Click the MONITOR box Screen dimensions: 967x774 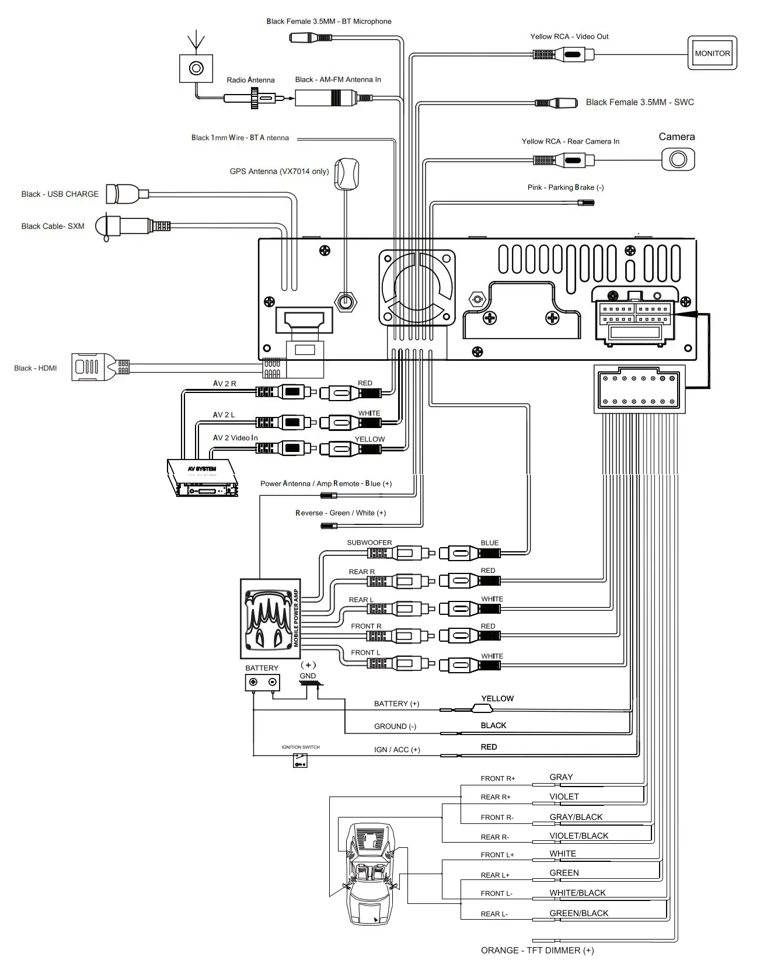pyautogui.click(x=712, y=53)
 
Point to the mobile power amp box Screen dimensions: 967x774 pyautogui.click(x=271, y=618)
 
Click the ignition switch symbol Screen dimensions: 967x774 pyautogui.click(x=300, y=760)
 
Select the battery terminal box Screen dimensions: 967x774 pyautogui.click(x=262, y=682)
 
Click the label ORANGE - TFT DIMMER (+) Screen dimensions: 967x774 pyautogui.click(x=537, y=950)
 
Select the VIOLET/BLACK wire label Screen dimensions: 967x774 pyautogui.click(x=578, y=836)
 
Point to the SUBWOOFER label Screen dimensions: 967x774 pyautogui.click(x=369, y=542)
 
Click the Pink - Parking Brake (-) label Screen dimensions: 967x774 pyautogui.click(x=565, y=187)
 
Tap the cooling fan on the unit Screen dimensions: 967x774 pyautogui.click(x=417, y=287)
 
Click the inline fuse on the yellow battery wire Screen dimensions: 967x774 pyautogui.click(x=482, y=709)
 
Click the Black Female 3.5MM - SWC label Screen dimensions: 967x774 pyautogui.click(x=640, y=102)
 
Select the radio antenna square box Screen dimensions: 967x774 pyautogui.click(x=196, y=69)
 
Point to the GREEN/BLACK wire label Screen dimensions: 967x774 pyautogui.click(x=578, y=913)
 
